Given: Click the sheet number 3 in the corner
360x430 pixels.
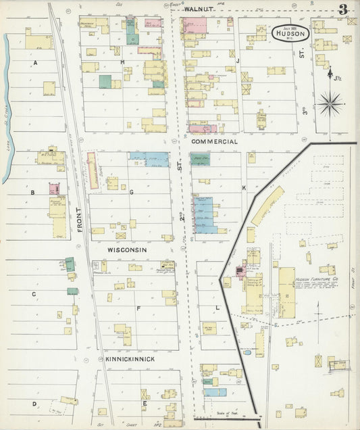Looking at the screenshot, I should [343, 9].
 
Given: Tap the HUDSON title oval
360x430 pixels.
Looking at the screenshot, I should [291, 33].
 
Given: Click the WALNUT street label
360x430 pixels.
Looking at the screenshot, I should [198, 9].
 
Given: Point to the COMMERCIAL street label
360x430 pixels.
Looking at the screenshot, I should [213, 142].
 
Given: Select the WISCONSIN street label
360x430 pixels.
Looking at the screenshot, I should [127, 249].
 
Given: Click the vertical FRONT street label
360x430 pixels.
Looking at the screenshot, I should [79, 220].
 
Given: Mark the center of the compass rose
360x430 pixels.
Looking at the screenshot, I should [330, 105].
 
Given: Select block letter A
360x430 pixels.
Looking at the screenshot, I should [34, 62].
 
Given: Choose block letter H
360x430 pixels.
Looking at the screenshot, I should [122, 62].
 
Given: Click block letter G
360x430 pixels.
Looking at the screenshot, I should [132, 192].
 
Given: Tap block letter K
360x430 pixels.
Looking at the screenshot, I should [244, 187].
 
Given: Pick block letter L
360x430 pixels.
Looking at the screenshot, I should [217, 308].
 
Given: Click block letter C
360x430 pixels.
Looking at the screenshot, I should [33, 294].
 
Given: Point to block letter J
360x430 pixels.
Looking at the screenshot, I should [238, 60].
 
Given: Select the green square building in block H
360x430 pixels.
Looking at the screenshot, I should [105, 82].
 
